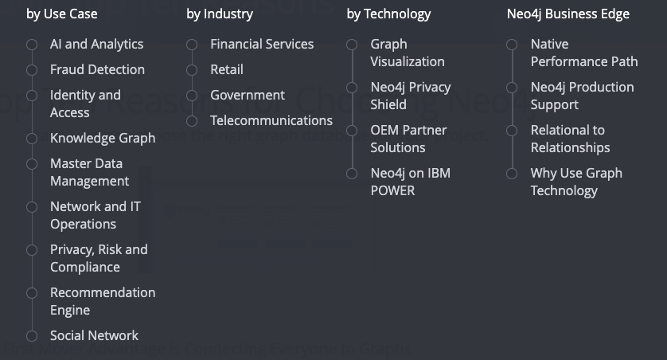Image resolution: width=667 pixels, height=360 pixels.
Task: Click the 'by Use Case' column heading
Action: tap(61, 14)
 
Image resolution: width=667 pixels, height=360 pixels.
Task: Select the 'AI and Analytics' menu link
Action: tap(96, 44)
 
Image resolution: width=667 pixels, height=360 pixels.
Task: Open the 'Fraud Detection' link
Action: tap(97, 69)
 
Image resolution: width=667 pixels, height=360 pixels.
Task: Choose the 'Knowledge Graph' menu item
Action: tap(103, 138)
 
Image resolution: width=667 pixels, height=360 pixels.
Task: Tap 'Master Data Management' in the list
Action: tap(89, 172)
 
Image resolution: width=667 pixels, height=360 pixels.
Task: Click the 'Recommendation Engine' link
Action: tap(103, 301)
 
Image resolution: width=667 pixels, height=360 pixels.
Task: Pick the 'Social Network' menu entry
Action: tap(94, 335)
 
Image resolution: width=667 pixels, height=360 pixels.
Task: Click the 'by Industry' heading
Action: tap(220, 14)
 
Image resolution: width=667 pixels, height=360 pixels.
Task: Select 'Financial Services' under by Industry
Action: tap(262, 44)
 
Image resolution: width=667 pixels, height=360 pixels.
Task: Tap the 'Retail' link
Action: tap(227, 69)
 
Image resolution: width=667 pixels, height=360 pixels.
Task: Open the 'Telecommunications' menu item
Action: tap(271, 120)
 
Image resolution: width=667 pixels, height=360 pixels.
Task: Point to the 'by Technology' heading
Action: tap(388, 14)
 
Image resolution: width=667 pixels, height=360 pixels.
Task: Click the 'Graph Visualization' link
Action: tap(407, 53)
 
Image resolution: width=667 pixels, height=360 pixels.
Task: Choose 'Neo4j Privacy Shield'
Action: tap(410, 96)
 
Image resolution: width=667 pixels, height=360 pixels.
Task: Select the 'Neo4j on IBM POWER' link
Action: tap(410, 182)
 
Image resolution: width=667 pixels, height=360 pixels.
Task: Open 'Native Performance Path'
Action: tap(583, 53)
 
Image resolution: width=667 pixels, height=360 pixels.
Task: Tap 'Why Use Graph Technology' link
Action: tap(575, 182)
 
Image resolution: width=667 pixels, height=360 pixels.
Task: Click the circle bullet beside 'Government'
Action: tap(192, 96)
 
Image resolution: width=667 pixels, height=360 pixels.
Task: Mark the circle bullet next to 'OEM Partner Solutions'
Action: tap(352, 131)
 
